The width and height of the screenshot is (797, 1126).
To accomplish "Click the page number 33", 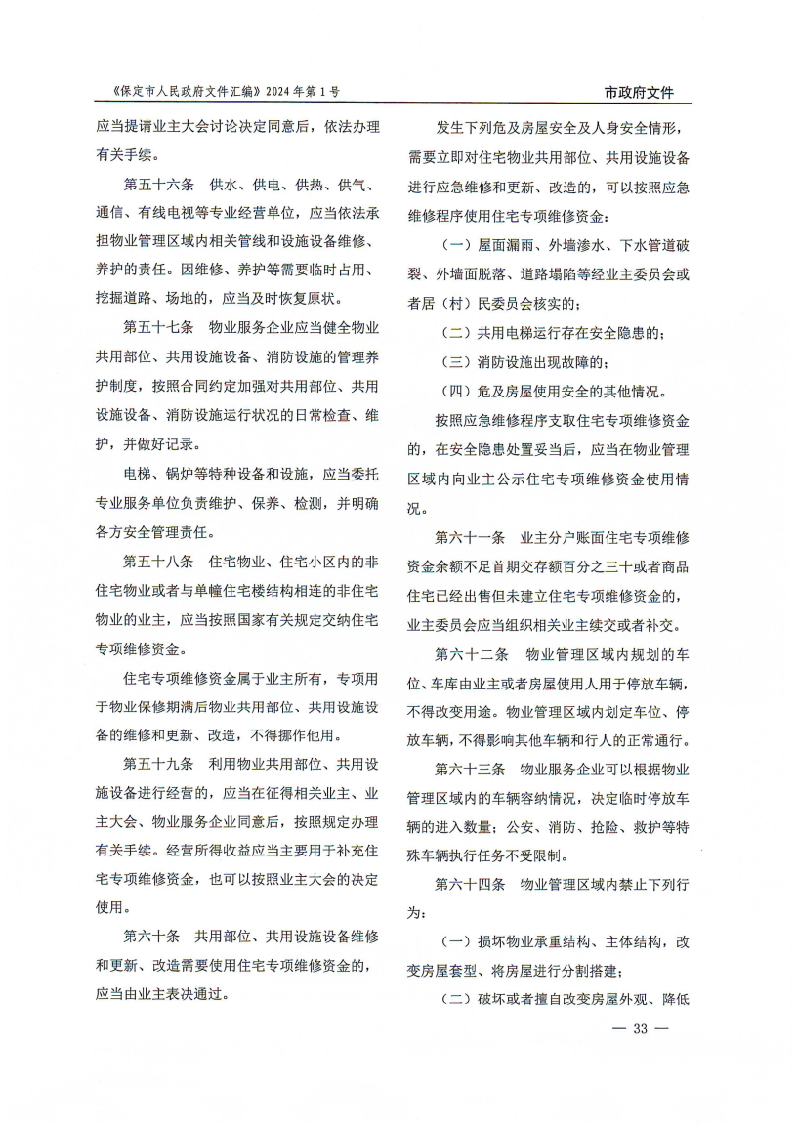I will pos(641,1028).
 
